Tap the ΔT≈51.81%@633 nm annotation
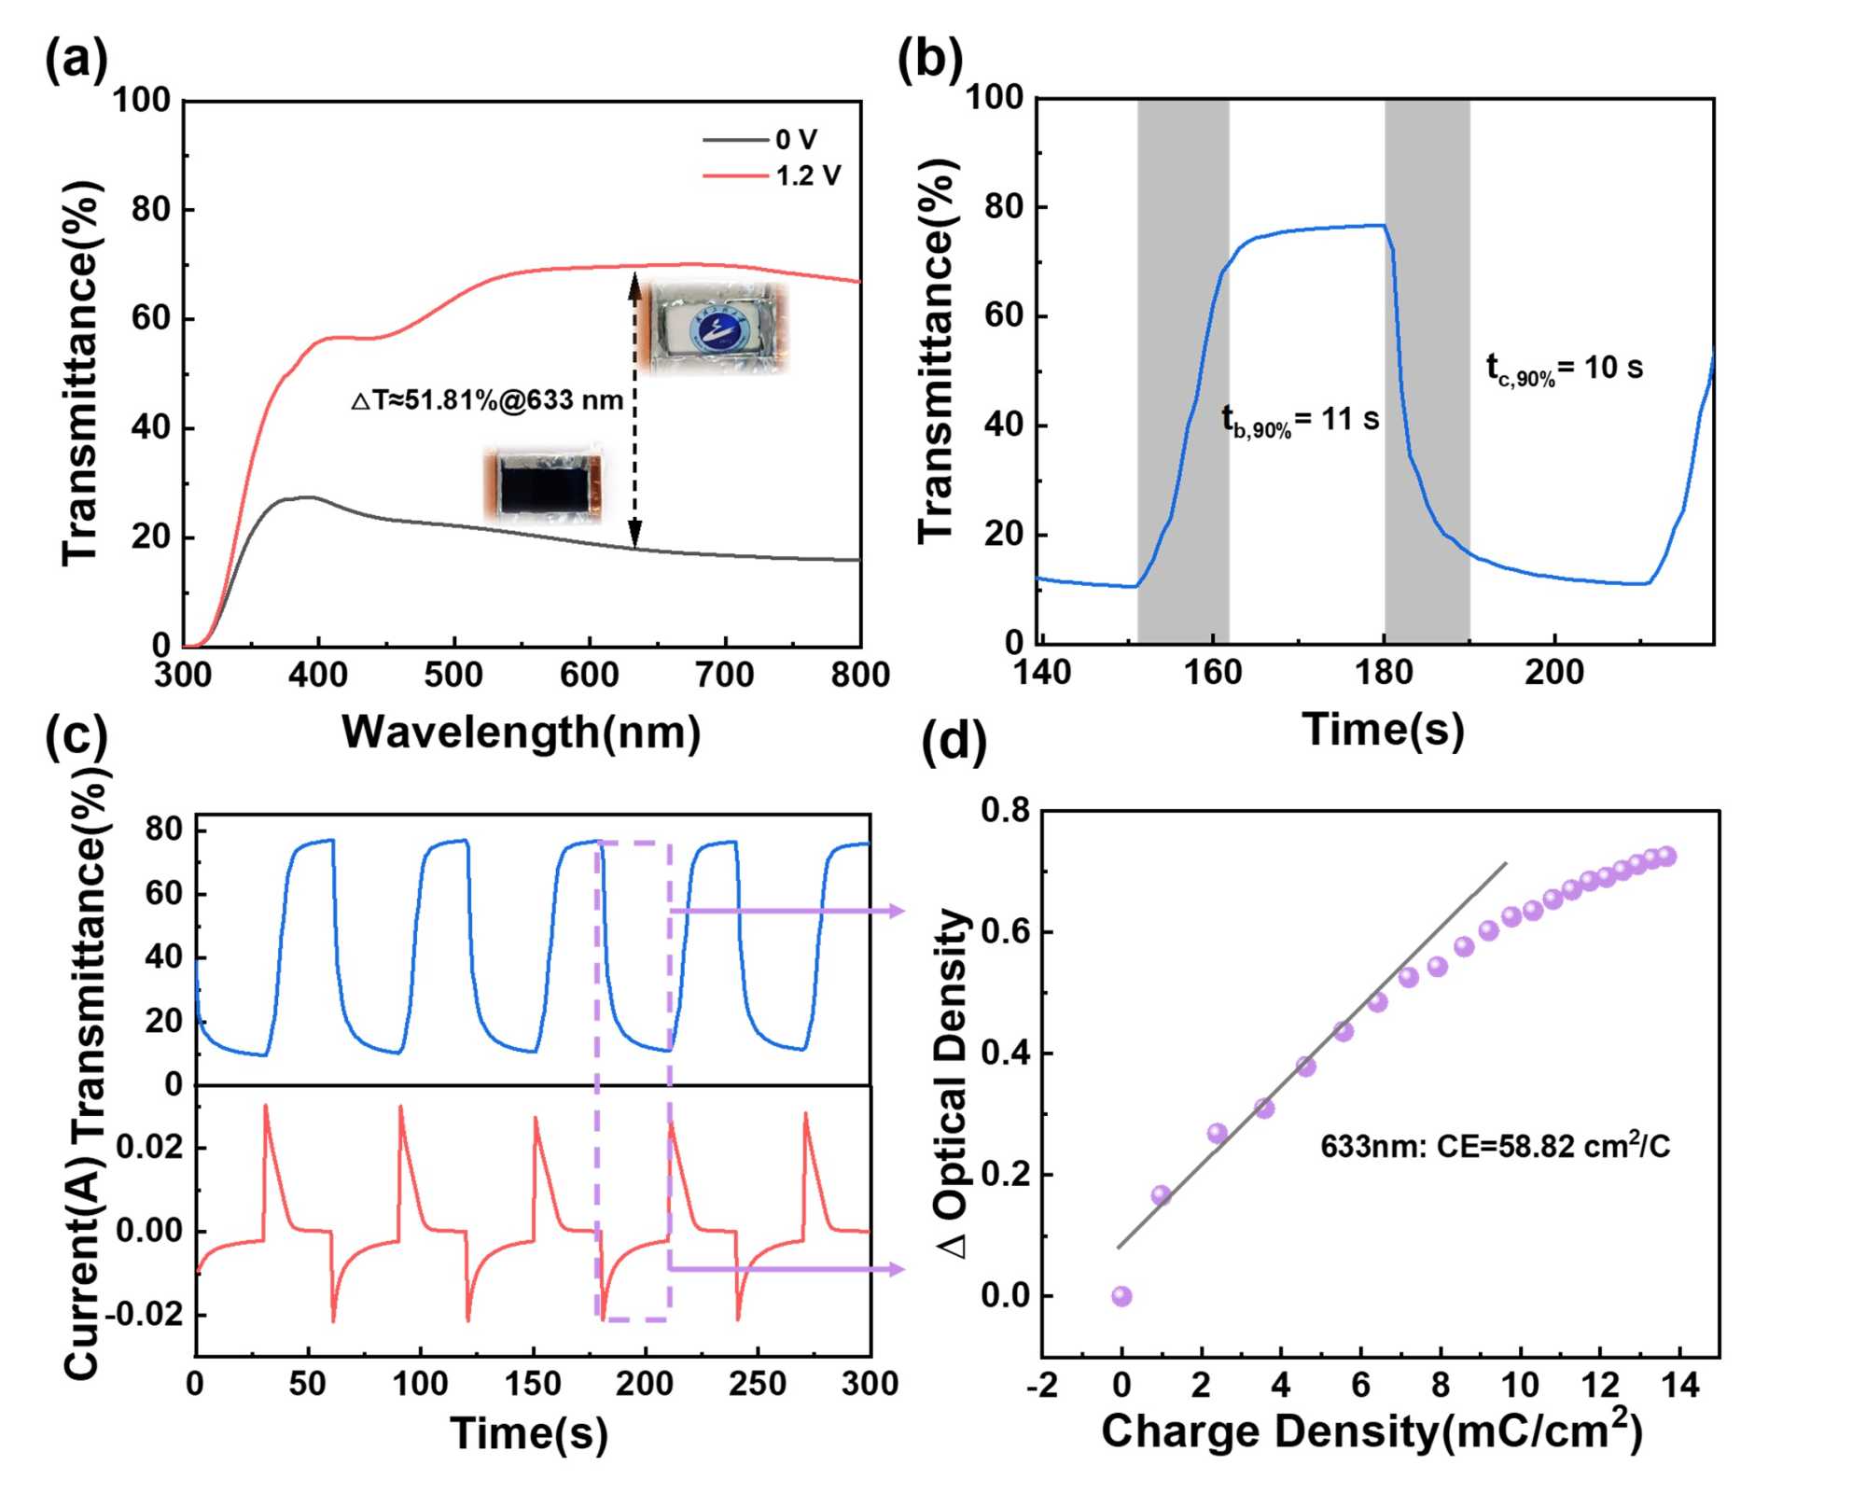click(487, 400)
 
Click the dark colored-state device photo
click(542, 484)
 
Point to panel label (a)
click(76, 63)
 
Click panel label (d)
click(954, 742)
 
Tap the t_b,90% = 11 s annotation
click(1300, 421)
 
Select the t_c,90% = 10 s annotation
click(1564, 369)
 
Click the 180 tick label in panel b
click(1384, 673)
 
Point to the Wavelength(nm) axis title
click(521, 733)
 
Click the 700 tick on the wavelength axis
click(725, 675)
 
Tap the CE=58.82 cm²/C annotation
click(1495, 1145)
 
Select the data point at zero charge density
click(1121, 1296)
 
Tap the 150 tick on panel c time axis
click(533, 1383)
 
